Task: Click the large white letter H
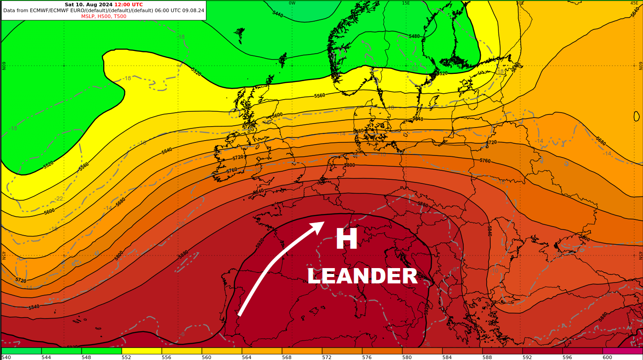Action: [x=346, y=239]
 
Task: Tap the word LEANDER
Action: [x=362, y=277]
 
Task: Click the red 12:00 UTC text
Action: [x=128, y=5]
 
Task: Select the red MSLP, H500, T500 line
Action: [x=104, y=17]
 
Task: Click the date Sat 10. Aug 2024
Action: [x=88, y=5]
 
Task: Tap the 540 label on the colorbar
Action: [x=6, y=357]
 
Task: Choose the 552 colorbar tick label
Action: [x=126, y=357]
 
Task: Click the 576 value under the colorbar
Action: [x=367, y=357]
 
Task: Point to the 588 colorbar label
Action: [x=487, y=357]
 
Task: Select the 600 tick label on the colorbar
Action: [x=607, y=357]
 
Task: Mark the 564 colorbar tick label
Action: [x=246, y=357]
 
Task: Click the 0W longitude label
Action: [x=292, y=3]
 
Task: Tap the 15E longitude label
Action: [x=406, y=3]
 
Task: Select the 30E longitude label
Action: [x=520, y=3]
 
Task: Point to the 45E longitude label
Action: [x=634, y=3]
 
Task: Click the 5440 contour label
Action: [x=278, y=14]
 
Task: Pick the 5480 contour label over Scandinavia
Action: [x=414, y=36]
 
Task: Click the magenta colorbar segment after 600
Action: [x=622, y=351]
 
